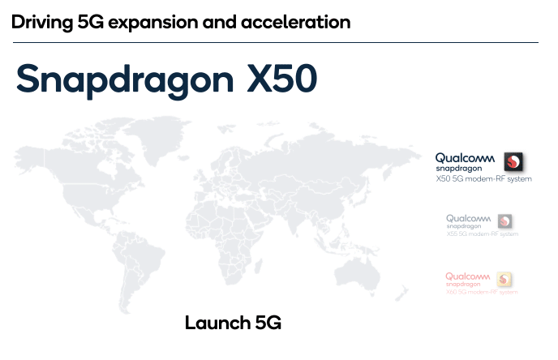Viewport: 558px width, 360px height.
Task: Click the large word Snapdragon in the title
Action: (121, 80)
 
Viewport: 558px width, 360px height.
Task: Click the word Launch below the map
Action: (212, 323)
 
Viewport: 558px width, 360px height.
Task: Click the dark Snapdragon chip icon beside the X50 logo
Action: (513, 160)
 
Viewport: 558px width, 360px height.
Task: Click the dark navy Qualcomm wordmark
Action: (465, 157)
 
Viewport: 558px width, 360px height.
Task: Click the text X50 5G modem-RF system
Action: (483, 178)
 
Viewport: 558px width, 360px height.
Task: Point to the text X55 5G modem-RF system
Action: (482, 234)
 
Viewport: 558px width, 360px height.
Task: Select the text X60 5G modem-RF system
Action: (482, 292)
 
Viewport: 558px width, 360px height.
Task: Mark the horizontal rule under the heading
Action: (276, 42)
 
